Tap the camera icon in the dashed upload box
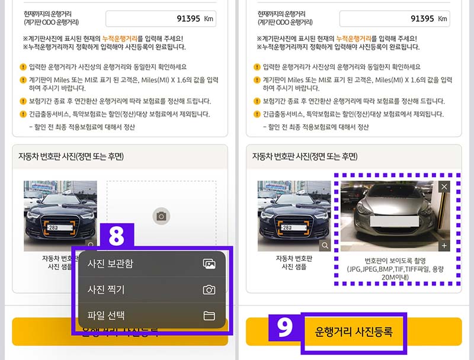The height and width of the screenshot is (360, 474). click(x=161, y=216)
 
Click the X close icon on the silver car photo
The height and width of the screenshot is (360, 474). click(x=445, y=187)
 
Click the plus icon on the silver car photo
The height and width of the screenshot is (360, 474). click(x=445, y=245)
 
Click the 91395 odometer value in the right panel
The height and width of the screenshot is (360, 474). click(x=422, y=18)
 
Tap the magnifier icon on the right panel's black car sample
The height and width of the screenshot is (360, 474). click(x=325, y=245)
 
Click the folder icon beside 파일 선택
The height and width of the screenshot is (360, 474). click(x=209, y=316)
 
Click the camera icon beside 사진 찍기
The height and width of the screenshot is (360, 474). click(x=209, y=290)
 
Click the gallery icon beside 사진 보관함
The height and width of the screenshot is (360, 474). click(x=209, y=263)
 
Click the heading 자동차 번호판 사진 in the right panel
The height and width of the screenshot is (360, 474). click(x=305, y=157)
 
